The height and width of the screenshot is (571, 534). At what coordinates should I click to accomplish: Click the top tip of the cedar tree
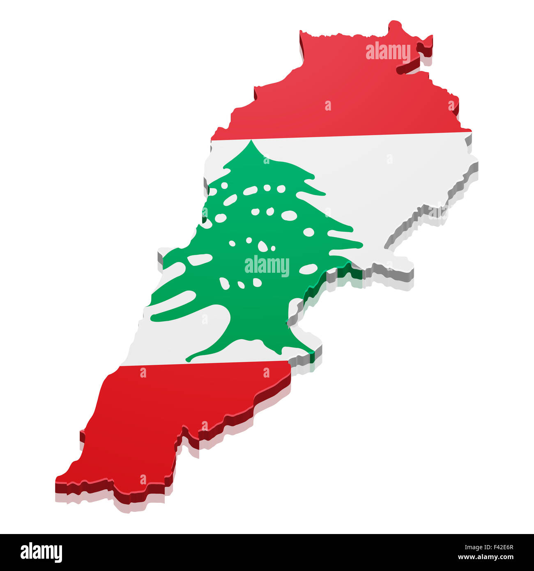click(x=251, y=142)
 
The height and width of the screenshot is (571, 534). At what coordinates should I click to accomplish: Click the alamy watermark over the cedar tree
click(x=267, y=266)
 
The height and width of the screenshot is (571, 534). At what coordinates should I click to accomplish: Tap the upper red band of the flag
click(x=341, y=99)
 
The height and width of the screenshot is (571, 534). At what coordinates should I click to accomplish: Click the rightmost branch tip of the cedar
click(x=361, y=245)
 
